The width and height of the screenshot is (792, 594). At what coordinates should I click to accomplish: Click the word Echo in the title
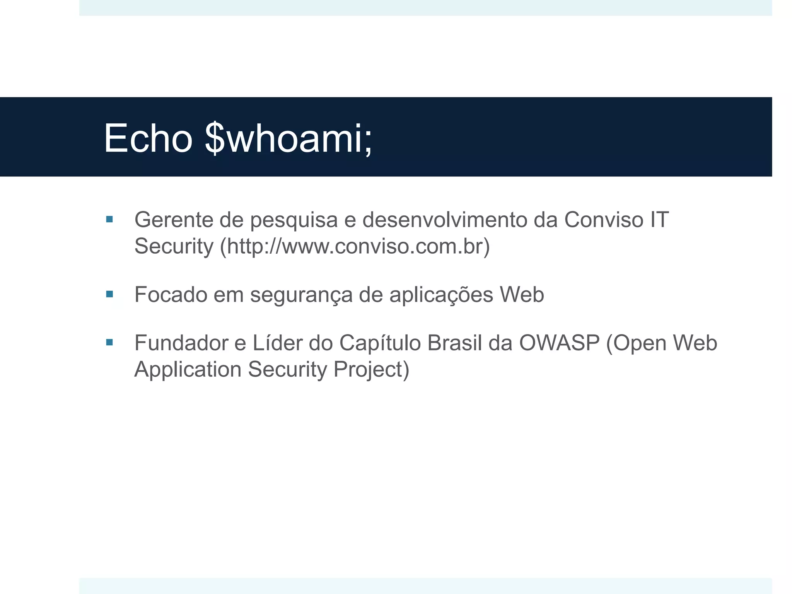tap(148, 138)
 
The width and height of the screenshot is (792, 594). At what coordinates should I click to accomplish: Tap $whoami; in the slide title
tap(288, 138)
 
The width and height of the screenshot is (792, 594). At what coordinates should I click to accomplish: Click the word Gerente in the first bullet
tap(174, 220)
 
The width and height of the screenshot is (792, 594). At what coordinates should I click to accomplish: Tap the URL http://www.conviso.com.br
tap(355, 246)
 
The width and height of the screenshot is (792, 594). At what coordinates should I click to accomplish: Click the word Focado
tap(171, 295)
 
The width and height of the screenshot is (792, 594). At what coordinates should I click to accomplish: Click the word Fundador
tap(181, 343)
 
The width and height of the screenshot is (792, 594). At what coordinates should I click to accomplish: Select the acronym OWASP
tap(559, 343)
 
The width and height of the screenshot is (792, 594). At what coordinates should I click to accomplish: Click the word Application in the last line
tap(188, 370)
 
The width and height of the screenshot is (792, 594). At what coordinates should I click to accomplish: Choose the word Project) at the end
tap(371, 370)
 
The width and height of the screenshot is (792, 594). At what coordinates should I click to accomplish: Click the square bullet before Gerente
tap(109, 220)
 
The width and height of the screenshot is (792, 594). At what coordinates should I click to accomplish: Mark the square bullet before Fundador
tap(109, 342)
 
